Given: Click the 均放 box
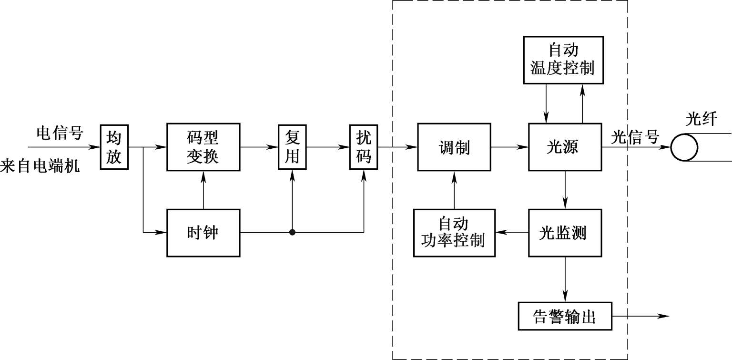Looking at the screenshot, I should tap(114, 147).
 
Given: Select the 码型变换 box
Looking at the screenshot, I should tap(203, 147).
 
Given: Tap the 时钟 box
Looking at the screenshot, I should tap(203, 233).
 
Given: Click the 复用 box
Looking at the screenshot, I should tap(292, 147).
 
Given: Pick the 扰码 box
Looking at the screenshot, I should tap(364, 147).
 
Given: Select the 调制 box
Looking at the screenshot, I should tap(454, 147).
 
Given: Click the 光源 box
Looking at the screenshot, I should tap(565, 147).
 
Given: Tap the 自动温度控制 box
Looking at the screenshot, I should tap(563, 60).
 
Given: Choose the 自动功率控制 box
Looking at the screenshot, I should tap(454, 233).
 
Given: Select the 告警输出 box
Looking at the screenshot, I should tap(565, 316).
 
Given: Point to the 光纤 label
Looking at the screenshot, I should tap(701, 119).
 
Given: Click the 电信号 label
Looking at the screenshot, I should tap(60, 133).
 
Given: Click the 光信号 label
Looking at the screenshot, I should tap(635, 137).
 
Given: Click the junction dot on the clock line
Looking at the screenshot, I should tap(292, 233).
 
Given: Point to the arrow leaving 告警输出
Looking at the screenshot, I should tap(641, 316).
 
